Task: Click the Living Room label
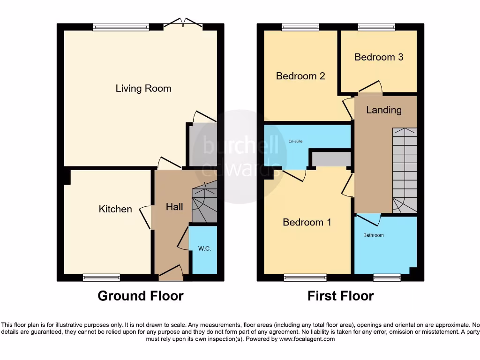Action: pos(143,89)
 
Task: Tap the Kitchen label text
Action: pos(115,209)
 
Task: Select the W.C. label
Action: pos(204,248)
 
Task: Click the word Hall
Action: pos(174,206)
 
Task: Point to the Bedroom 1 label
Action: pos(307,222)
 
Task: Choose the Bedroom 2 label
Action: pos(300,76)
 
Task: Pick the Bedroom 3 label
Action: pos(379,57)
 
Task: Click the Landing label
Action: pos(384,110)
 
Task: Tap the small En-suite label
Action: pos(295,140)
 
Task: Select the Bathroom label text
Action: pos(374,235)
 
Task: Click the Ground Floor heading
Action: pos(141,296)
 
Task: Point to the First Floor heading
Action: pos(340,296)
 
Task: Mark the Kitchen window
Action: pos(101,277)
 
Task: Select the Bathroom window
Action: pos(387,277)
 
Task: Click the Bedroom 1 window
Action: pos(305,277)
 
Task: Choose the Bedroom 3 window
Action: pos(376,27)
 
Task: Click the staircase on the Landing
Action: pos(404,169)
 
